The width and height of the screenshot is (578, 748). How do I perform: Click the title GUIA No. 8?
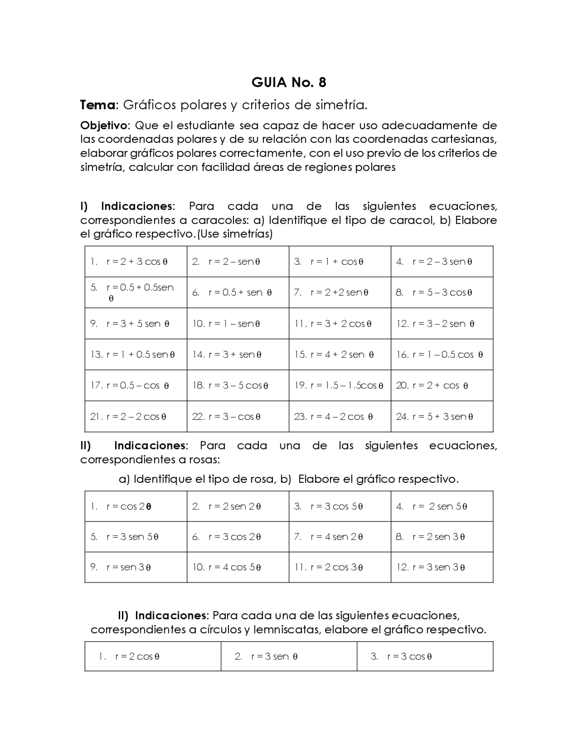289,83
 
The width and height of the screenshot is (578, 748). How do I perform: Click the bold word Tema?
97,105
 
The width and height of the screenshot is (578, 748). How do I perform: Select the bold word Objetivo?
104,125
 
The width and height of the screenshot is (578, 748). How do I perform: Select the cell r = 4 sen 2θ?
336,537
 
